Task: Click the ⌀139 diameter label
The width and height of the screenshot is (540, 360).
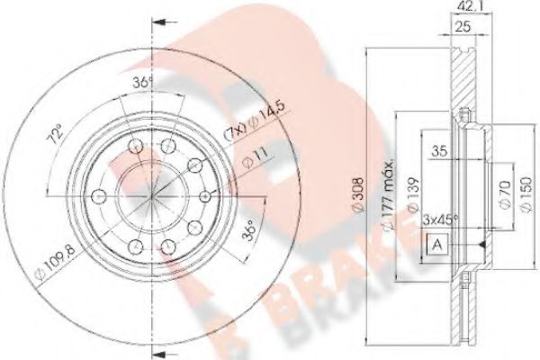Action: (411, 193)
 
